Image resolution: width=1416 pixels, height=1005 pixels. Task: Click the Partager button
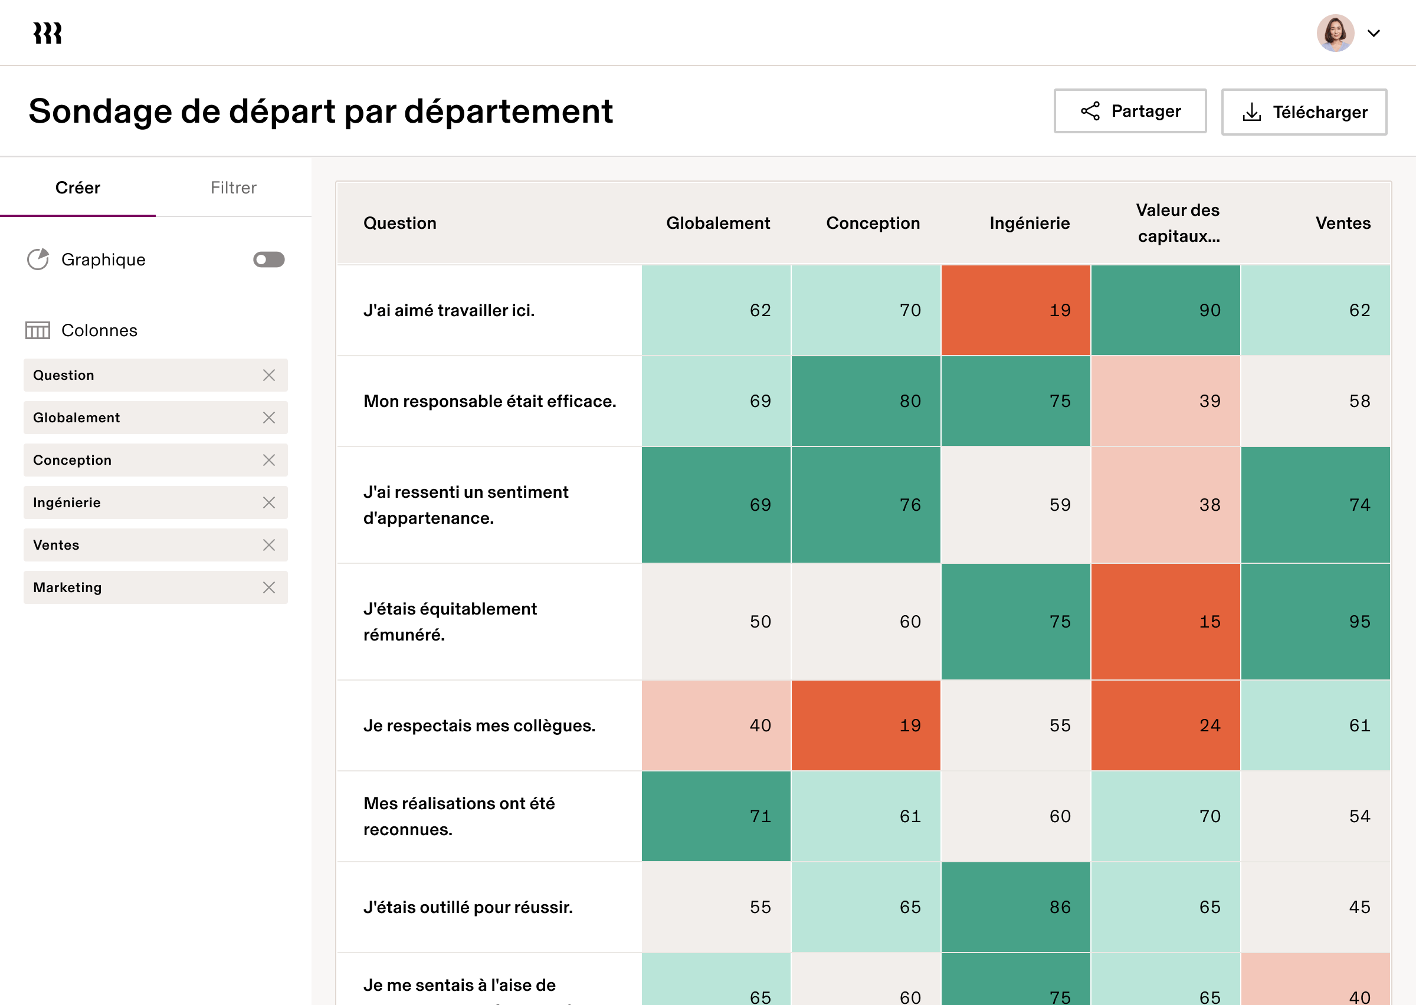[1129, 111]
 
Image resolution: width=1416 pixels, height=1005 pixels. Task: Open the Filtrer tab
[233, 188]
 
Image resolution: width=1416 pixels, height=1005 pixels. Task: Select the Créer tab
[78, 188]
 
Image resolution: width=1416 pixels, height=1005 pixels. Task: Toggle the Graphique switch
[268, 260]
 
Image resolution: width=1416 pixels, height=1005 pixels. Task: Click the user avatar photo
[1335, 33]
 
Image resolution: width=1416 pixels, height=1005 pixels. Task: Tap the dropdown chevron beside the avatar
[1374, 34]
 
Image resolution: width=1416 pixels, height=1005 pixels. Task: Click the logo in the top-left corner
[48, 33]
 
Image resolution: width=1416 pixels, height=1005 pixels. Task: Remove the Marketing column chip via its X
[268, 587]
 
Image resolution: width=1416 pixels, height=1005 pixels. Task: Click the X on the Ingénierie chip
[268, 503]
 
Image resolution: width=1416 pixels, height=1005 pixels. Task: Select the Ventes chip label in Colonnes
[56, 545]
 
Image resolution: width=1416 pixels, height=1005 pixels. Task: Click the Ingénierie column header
[1029, 223]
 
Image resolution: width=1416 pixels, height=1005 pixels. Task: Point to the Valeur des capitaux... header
[1178, 223]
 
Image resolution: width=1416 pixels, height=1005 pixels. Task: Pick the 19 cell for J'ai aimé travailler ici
[1015, 310]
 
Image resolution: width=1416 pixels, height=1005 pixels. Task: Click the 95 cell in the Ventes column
[1315, 621]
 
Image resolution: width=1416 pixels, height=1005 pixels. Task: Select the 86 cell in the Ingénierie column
[1015, 907]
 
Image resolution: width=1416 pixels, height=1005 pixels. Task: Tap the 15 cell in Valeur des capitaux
[1165, 621]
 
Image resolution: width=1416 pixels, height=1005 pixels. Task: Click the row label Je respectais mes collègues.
[479, 725]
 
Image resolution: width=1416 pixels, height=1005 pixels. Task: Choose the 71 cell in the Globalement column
[716, 816]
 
